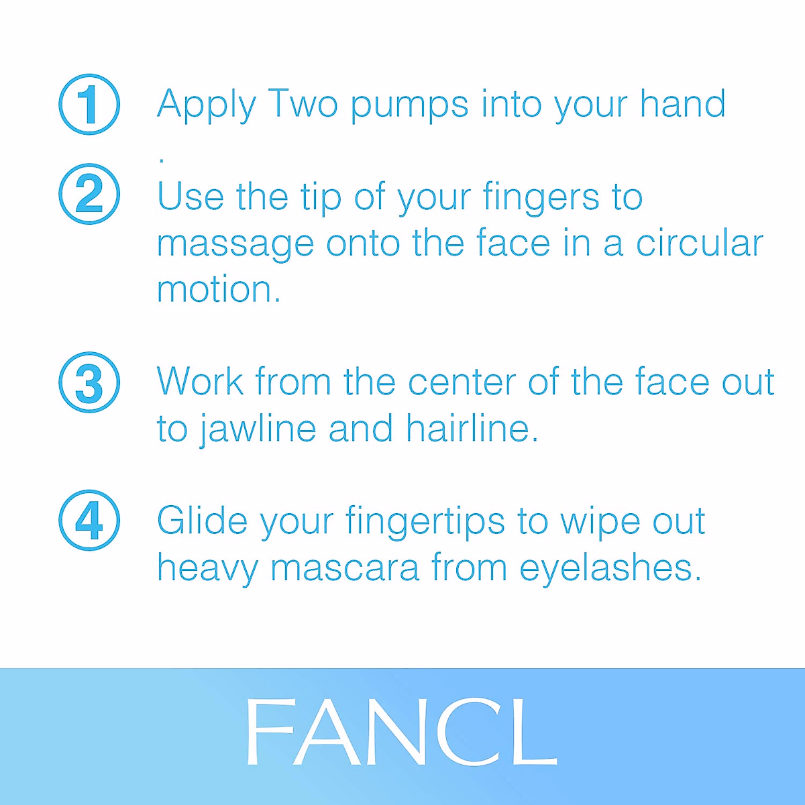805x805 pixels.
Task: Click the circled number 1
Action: point(89,105)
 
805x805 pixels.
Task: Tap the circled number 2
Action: point(89,194)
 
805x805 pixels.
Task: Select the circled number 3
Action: point(89,382)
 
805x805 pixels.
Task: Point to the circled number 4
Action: point(89,521)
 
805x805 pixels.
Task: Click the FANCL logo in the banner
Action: point(401,733)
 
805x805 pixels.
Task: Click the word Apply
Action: point(207,106)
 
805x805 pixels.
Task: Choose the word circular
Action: point(700,244)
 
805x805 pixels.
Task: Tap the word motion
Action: point(218,290)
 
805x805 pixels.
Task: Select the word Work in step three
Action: point(200,382)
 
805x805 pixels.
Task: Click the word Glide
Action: point(202,521)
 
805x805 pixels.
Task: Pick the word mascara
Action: point(345,568)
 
